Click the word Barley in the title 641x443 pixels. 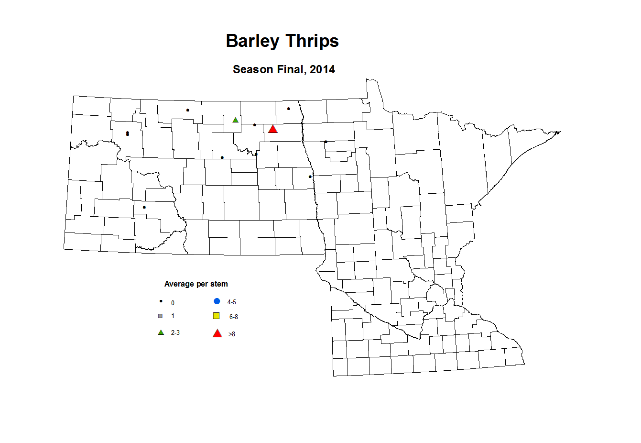(x=252, y=41)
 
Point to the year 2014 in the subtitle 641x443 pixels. (x=322, y=69)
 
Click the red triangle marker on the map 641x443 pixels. (x=272, y=129)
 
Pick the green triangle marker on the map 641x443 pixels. (x=235, y=120)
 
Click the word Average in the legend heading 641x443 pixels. (x=179, y=284)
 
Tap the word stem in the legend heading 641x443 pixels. (x=219, y=284)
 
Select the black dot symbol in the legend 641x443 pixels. (x=161, y=301)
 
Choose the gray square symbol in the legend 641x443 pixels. (x=161, y=316)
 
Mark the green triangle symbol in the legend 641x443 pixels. (x=161, y=332)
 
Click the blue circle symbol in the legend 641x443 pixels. (x=217, y=301)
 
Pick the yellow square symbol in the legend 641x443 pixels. (x=217, y=316)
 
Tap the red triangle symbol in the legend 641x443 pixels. (x=217, y=333)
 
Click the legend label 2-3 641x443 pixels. (x=175, y=332)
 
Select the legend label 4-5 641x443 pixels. (x=232, y=302)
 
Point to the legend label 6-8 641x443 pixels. (x=234, y=317)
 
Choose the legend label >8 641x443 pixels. (x=232, y=334)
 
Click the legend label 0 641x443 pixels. (x=173, y=303)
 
